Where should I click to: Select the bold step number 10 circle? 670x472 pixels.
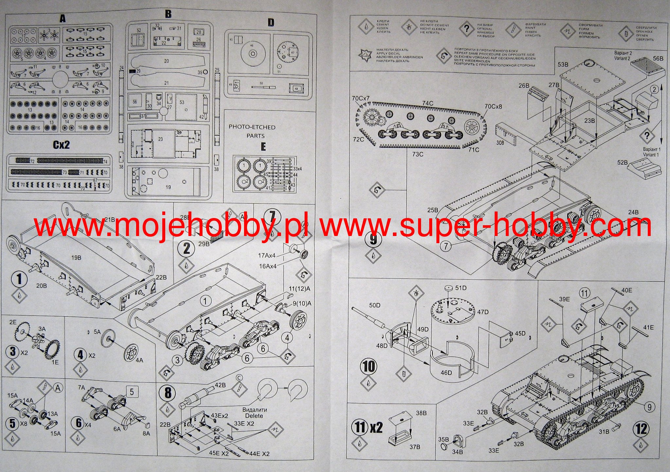tap(369, 366)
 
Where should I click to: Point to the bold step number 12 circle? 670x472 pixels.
tap(641, 429)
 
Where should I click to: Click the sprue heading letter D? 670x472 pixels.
tap(271, 23)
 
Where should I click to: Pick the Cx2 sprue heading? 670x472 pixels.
tap(61, 145)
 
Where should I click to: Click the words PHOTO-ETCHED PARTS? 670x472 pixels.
tap(252, 131)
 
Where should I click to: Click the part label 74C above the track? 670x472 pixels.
tap(428, 103)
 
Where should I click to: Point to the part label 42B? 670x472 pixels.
tap(220, 385)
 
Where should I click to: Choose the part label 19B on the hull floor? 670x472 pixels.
tap(76, 258)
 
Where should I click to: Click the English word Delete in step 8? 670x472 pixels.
tap(254, 416)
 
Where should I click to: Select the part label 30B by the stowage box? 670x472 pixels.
tap(500, 143)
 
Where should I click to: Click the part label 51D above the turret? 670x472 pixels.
tap(461, 288)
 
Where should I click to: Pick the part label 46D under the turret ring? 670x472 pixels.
tap(446, 373)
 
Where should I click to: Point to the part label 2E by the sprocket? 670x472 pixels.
tap(13, 322)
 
